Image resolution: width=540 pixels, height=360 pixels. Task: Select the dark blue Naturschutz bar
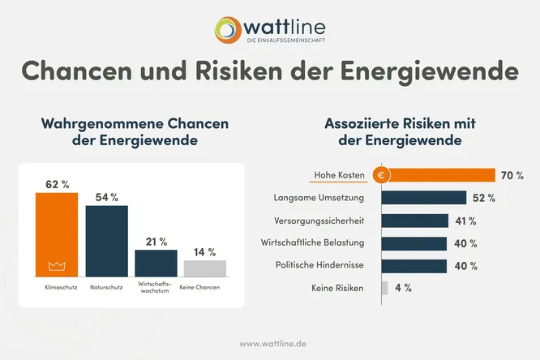[107, 241]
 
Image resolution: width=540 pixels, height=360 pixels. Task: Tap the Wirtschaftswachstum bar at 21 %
[156, 263]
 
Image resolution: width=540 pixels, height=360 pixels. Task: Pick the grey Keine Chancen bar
[205, 268]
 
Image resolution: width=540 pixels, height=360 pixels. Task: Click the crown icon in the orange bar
[57, 266]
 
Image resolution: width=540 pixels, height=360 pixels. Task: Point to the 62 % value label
[56, 185]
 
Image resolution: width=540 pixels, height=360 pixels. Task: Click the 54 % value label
[107, 197]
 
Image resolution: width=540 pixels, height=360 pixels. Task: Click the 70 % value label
[512, 175]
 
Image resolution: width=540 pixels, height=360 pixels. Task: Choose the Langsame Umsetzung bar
[423, 198]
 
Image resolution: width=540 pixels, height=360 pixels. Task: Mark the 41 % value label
[465, 221]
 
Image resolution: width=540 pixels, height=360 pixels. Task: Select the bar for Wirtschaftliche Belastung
[414, 243]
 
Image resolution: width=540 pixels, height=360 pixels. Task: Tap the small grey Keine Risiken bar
[384, 289]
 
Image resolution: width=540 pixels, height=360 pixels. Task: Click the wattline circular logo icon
[230, 29]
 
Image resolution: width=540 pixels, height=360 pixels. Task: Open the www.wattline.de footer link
[270, 343]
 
